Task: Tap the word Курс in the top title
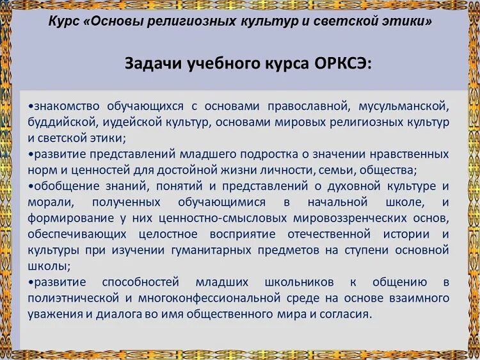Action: pyautogui.click(x=64, y=21)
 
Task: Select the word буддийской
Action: pyautogui.click(x=58, y=122)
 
